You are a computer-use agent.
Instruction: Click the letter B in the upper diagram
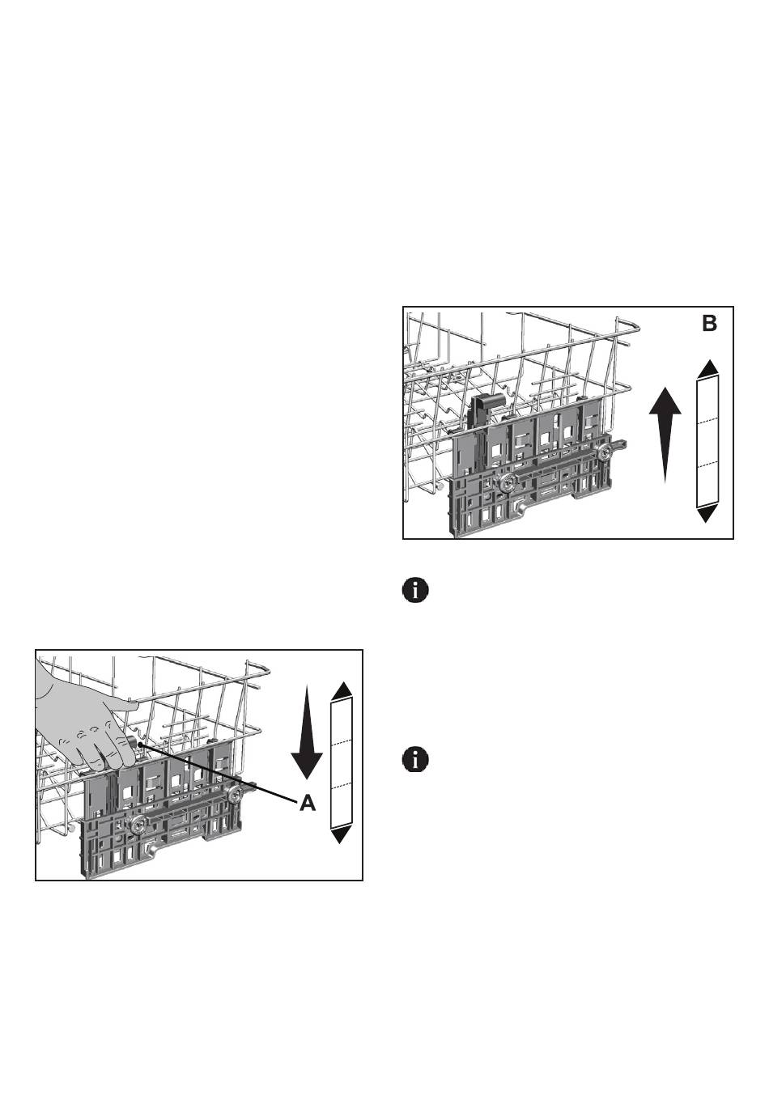coord(708,324)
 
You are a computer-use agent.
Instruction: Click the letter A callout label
coord(308,803)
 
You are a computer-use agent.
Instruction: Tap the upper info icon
coord(415,590)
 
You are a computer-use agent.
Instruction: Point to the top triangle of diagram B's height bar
coord(708,368)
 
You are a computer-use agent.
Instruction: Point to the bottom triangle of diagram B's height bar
coord(708,513)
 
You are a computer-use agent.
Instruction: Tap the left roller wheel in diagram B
coord(509,483)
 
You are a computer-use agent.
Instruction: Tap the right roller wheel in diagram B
coord(605,455)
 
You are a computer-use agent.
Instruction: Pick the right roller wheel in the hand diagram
coord(236,796)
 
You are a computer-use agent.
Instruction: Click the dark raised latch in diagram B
coord(482,411)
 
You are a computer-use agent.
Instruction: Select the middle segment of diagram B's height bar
coord(708,441)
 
